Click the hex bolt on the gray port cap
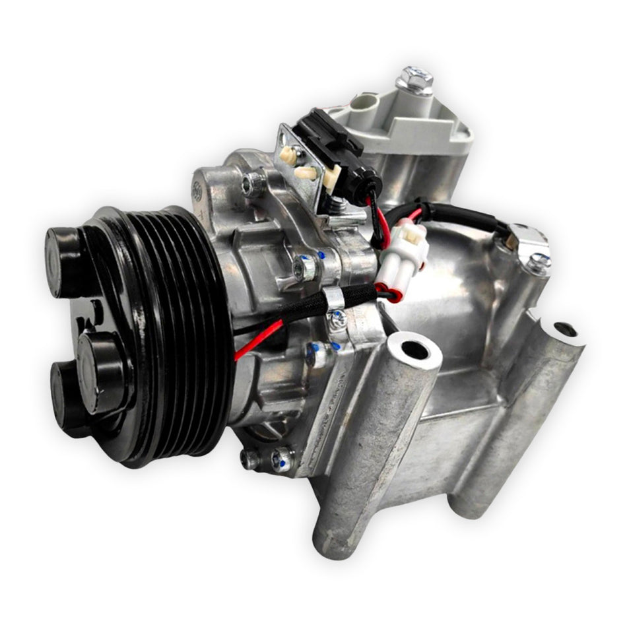click(x=414, y=79)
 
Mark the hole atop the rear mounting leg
click(x=563, y=328)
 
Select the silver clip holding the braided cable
click(x=333, y=298)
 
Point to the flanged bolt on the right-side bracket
click(x=538, y=263)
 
